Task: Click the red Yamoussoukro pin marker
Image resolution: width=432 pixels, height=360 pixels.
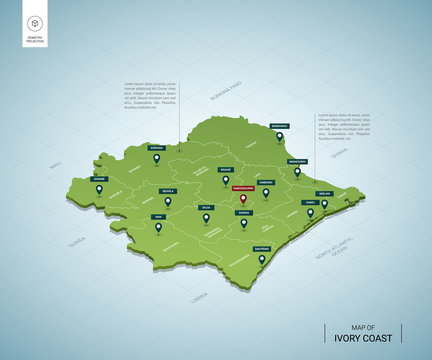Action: [x=242, y=198]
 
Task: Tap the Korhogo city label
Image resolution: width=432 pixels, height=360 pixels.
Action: [x=155, y=148]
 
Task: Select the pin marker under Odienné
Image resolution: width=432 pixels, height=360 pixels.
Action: [x=99, y=190]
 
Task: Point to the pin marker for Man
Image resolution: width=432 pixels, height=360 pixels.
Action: [x=158, y=228]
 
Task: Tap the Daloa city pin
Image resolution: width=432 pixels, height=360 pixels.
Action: [x=206, y=219]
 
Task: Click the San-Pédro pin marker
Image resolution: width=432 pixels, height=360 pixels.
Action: [x=261, y=260]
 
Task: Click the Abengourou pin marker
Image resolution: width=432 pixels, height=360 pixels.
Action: [x=296, y=172]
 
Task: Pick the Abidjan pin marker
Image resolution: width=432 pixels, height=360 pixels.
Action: [x=324, y=204]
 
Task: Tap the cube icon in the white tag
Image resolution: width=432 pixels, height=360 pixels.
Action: [x=35, y=22]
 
